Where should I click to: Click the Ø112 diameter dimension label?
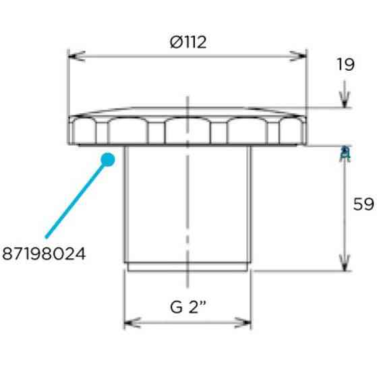click(x=188, y=42)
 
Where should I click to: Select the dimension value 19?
click(x=345, y=65)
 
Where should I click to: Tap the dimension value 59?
click(x=364, y=204)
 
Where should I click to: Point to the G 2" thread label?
click(x=187, y=307)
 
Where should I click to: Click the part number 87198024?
click(x=44, y=254)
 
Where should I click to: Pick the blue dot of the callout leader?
click(x=108, y=160)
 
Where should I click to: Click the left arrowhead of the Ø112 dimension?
click(x=76, y=56)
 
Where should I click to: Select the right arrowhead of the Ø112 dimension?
click(x=298, y=56)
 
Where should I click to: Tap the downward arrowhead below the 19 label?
click(x=345, y=100)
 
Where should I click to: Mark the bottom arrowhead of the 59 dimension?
click(x=345, y=263)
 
